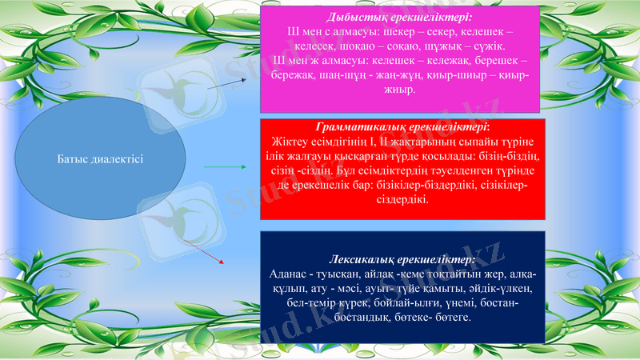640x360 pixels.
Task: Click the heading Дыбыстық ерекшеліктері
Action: tap(399, 17)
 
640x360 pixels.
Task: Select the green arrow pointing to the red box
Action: tap(232, 167)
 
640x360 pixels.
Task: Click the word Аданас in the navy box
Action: tap(288, 274)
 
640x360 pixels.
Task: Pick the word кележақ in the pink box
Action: tap(433, 60)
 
